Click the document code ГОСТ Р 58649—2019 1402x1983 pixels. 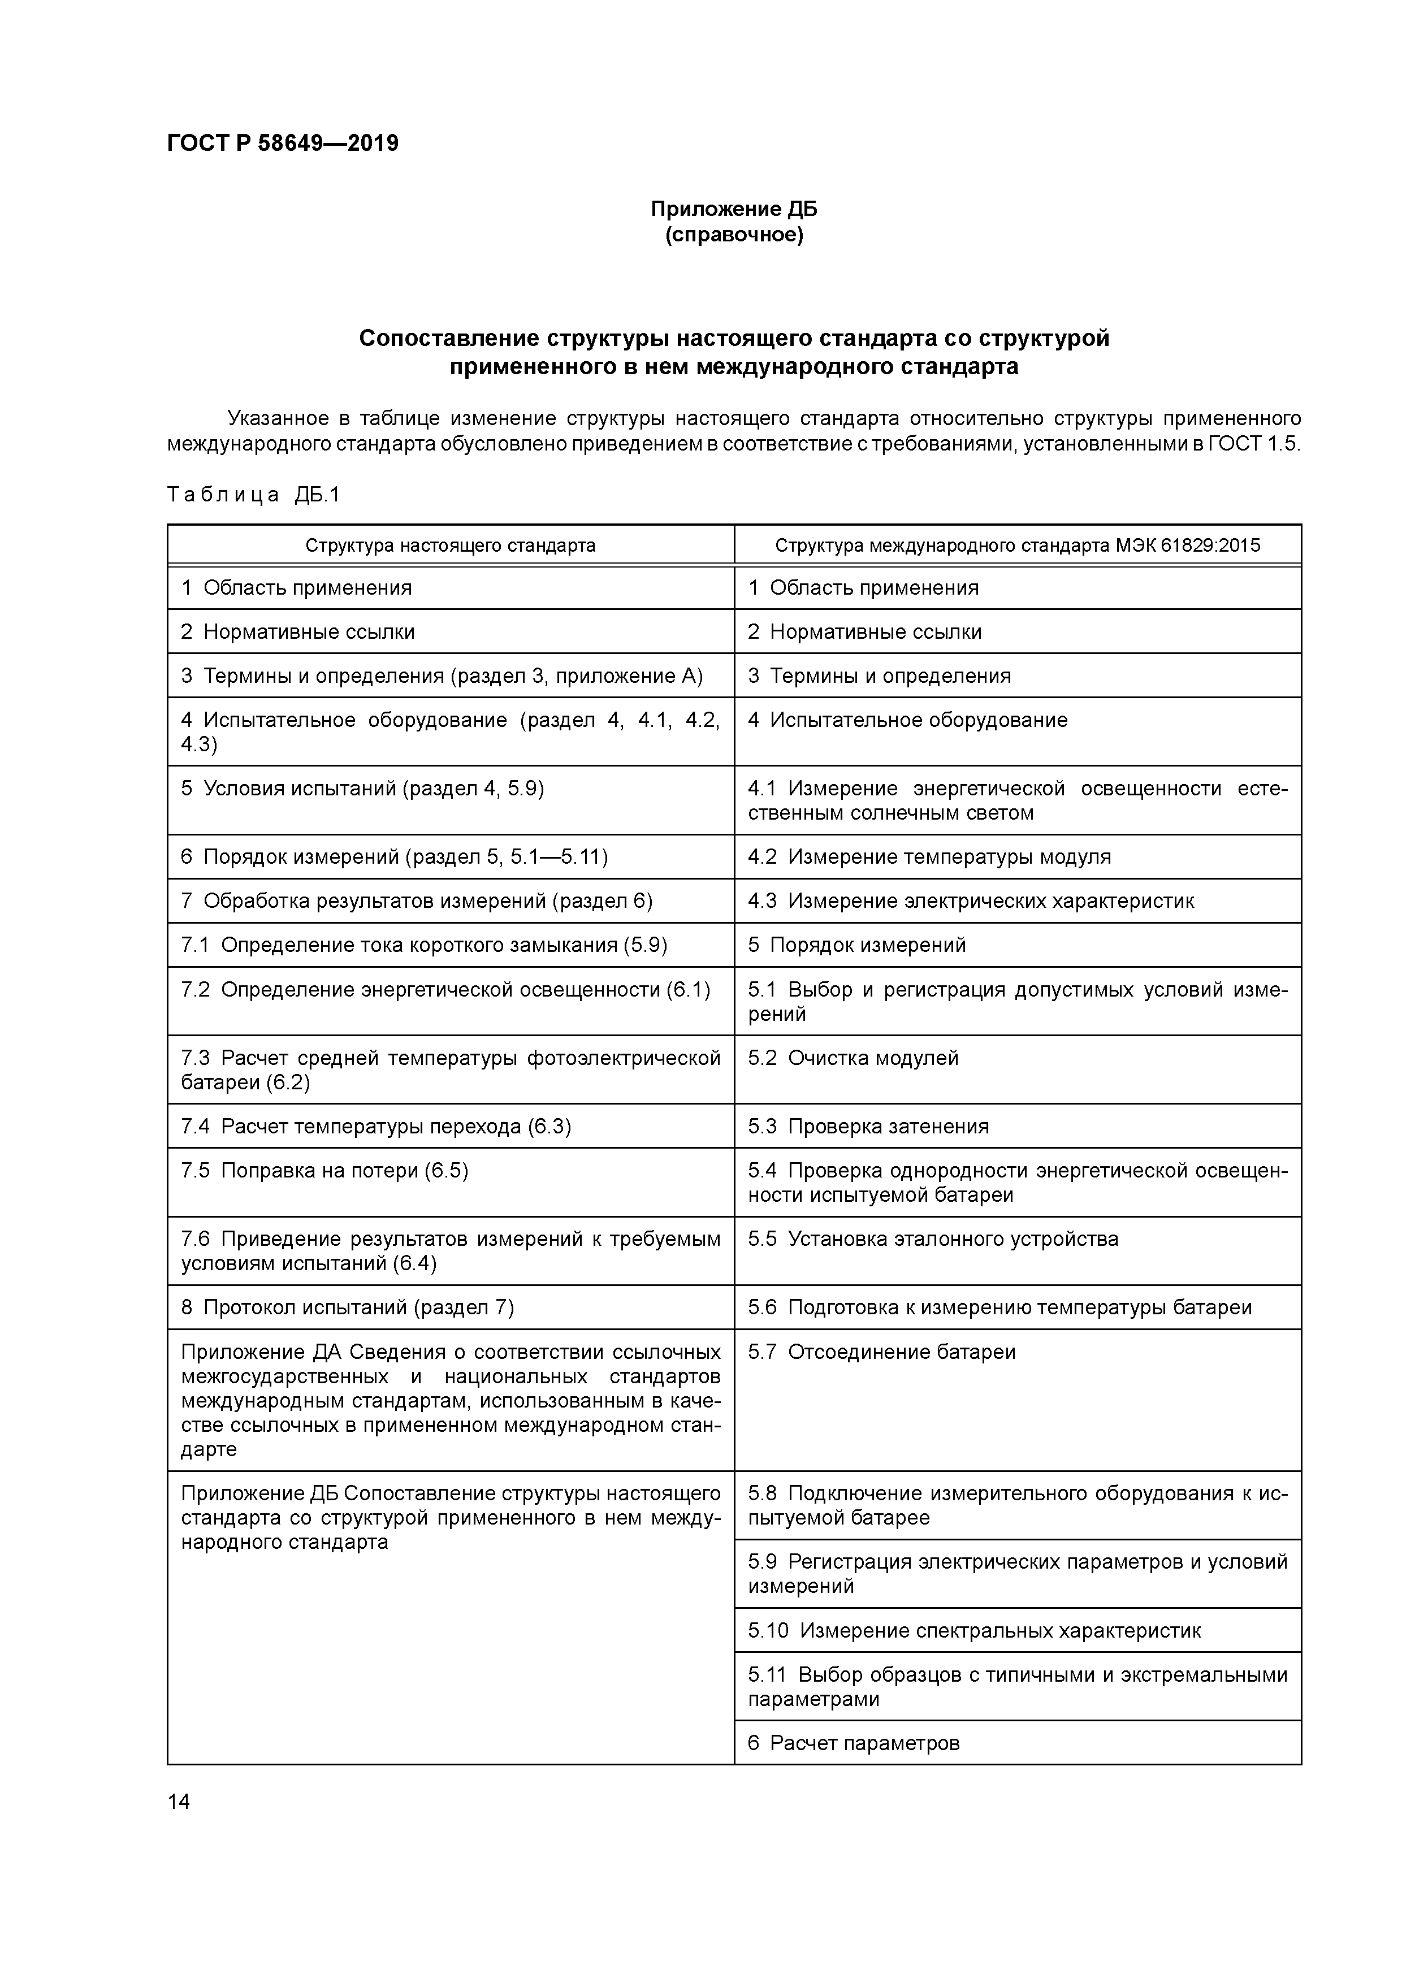[x=283, y=144]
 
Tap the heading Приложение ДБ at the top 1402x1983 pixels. [x=733, y=209]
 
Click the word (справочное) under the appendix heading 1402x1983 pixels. [x=733, y=235]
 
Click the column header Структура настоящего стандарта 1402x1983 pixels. [x=450, y=546]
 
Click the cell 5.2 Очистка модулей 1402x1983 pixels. [x=853, y=1058]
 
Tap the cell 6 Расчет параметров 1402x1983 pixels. [x=854, y=1743]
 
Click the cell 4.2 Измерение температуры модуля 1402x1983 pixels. [x=929, y=857]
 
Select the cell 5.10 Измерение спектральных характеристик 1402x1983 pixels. [x=973, y=1631]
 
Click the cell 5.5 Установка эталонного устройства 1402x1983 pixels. [x=932, y=1239]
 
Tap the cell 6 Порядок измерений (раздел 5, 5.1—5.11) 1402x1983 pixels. [x=394, y=857]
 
